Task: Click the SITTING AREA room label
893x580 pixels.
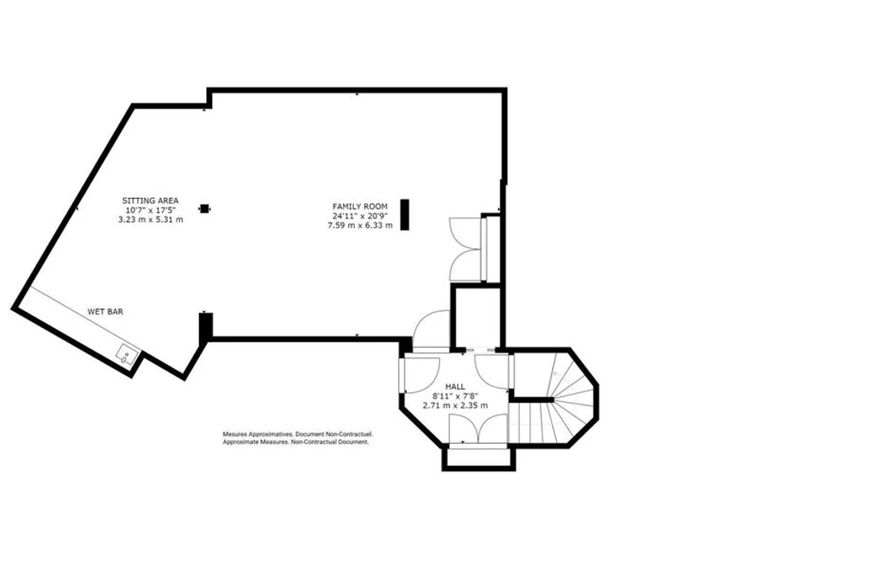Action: click(151, 201)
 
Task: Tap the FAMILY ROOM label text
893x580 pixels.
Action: click(360, 206)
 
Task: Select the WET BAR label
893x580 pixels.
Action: click(106, 311)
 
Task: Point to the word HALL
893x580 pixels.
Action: click(455, 387)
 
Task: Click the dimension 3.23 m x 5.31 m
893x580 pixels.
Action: click(151, 219)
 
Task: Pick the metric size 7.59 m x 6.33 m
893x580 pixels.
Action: click(360, 225)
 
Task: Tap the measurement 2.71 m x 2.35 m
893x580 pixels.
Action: click(455, 405)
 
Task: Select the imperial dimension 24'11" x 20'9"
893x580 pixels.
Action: click(360, 216)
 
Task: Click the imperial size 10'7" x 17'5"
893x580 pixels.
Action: click(151, 210)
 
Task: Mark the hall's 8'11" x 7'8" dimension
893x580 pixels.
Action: click(455, 396)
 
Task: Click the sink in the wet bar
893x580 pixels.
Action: click(127, 356)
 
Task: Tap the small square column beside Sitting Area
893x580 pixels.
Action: click(205, 209)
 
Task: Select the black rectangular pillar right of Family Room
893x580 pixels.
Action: click(405, 214)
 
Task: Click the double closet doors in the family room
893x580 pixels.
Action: click(467, 249)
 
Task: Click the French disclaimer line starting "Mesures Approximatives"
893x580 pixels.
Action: click(298, 433)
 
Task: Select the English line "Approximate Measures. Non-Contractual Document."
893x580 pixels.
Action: click(296, 441)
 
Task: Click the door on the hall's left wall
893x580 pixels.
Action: click(420, 374)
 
